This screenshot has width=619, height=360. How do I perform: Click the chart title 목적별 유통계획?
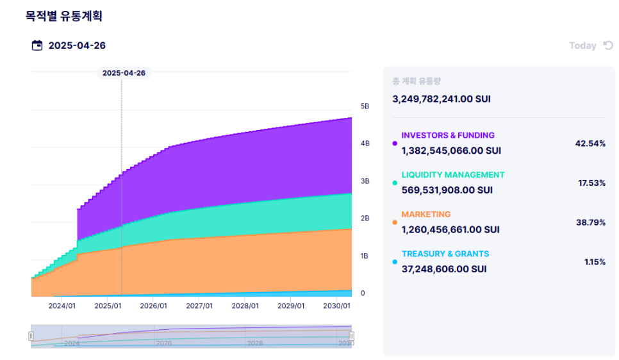coord(63,16)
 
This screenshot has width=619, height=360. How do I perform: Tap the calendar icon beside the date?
coord(37,45)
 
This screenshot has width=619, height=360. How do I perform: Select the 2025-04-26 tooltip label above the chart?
coord(124,72)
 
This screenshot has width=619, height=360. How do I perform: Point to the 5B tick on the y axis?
coord(365,106)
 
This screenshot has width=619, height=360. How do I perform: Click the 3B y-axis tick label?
coord(365,181)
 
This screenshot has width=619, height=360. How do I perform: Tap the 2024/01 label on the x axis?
coord(62,306)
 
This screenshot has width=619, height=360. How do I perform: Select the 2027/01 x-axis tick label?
coord(199,306)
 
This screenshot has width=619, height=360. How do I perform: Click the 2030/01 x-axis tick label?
coord(337,306)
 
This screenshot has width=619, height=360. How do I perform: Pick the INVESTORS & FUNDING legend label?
coord(448,135)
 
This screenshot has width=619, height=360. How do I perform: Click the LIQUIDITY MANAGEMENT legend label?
coord(453,175)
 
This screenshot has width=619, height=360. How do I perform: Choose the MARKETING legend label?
coord(426,214)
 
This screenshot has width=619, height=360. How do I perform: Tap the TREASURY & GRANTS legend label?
coord(445,254)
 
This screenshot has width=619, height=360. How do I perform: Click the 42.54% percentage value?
coord(590,143)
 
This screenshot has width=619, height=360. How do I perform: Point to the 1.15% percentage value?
coord(595,262)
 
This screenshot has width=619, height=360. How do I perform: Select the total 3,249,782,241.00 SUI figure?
coord(442,99)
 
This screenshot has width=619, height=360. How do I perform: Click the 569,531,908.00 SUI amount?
coord(447,190)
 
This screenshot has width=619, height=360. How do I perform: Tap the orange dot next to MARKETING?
coord(394,222)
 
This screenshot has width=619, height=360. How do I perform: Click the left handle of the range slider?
coord(31,336)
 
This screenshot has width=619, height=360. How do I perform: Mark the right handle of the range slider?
coord(351,336)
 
